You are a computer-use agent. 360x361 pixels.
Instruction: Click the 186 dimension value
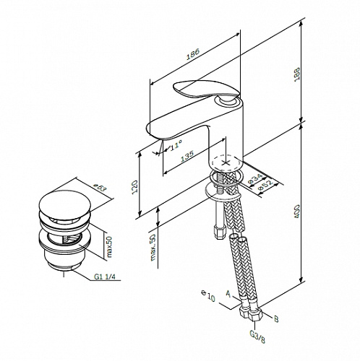click(193, 55)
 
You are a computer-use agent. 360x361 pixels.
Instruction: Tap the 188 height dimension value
click(297, 74)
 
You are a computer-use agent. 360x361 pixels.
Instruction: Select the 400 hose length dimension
click(297, 212)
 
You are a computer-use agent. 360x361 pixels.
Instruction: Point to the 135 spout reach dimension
click(187, 156)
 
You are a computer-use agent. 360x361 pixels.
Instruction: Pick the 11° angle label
click(176, 146)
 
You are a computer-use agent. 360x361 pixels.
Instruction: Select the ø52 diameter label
click(265, 185)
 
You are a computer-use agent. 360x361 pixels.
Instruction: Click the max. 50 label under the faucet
click(153, 248)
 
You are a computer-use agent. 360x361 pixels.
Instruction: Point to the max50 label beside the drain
click(109, 247)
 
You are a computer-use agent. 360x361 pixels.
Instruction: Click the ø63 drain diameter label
click(100, 188)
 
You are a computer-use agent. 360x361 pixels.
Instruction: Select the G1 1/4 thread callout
click(105, 277)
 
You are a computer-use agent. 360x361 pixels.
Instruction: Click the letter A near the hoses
click(228, 294)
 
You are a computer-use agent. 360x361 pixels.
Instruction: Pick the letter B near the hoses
click(276, 319)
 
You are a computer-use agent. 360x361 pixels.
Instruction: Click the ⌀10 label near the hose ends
click(207, 295)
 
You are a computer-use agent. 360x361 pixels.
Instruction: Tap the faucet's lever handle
click(207, 89)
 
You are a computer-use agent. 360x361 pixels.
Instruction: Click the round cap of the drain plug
click(64, 204)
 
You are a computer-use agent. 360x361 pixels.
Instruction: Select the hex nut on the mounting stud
click(220, 233)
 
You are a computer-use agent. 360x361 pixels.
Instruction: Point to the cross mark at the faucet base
click(226, 163)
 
